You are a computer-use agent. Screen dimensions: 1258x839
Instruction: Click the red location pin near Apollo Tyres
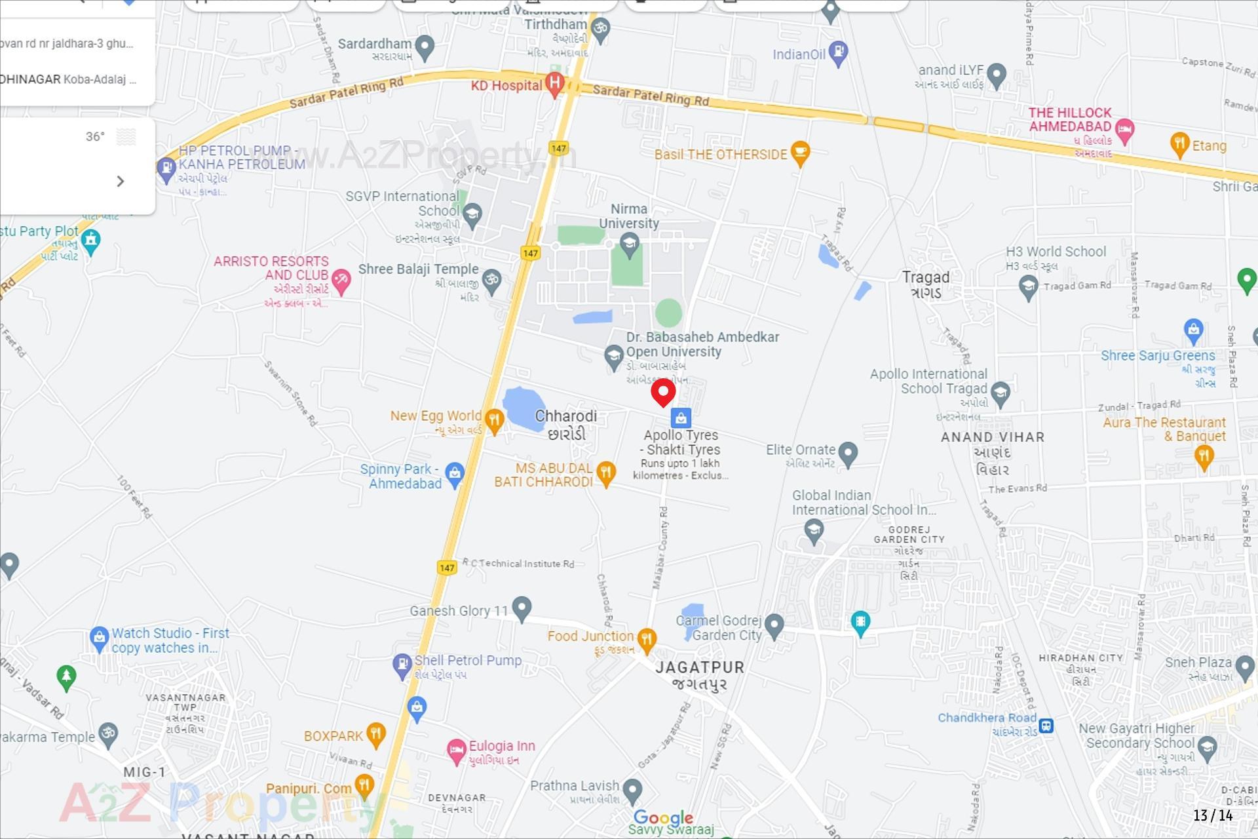tap(663, 392)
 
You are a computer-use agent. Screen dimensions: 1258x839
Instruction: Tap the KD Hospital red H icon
tap(555, 84)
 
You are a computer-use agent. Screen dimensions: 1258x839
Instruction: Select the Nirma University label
tap(629, 216)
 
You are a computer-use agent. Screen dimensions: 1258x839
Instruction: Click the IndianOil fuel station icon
tap(838, 52)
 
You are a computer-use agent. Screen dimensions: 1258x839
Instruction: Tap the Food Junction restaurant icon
tap(647, 638)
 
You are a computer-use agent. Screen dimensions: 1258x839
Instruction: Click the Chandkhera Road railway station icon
tap(1046, 726)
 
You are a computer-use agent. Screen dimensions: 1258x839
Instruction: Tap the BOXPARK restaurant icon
tap(375, 734)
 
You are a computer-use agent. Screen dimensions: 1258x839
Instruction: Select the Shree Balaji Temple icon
tap(491, 281)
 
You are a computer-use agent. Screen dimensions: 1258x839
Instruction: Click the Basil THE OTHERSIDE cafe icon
tap(800, 153)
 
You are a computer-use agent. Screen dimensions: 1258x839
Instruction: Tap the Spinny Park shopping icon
tap(454, 473)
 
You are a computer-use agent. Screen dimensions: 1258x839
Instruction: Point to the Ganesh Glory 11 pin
tap(522, 608)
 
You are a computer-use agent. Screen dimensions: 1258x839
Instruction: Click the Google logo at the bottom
tap(663, 817)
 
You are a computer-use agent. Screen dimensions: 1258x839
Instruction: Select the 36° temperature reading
tap(95, 136)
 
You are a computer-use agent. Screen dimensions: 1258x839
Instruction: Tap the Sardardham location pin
tap(425, 47)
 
